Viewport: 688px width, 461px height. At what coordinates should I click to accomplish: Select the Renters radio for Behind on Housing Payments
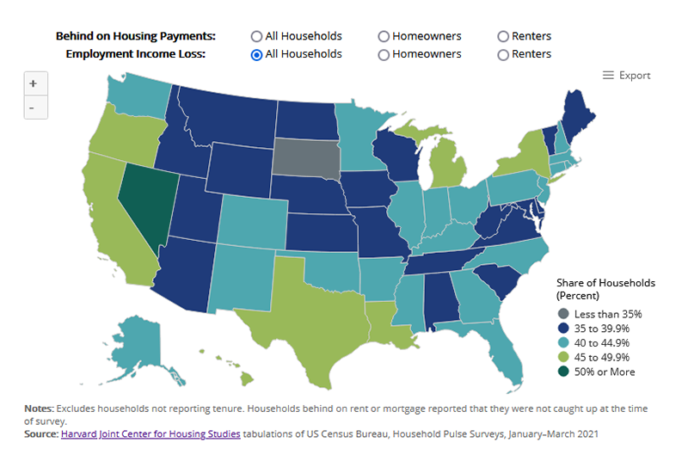tap(503, 36)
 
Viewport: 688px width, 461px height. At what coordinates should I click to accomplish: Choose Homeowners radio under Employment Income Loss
tap(383, 54)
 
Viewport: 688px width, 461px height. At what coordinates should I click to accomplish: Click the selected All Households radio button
tap(256, 54)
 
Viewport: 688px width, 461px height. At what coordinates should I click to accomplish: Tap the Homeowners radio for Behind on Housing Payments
tap(383, 36)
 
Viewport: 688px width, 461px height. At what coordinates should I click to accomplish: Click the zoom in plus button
tap(33, 84)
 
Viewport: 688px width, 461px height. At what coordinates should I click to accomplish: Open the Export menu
tap(626, 76)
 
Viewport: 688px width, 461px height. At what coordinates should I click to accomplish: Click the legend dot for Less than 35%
tap(563, 314)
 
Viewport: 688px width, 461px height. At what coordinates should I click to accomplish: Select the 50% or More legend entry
tap(602, 372)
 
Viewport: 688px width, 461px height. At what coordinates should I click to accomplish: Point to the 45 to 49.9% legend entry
tap(602, 357)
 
